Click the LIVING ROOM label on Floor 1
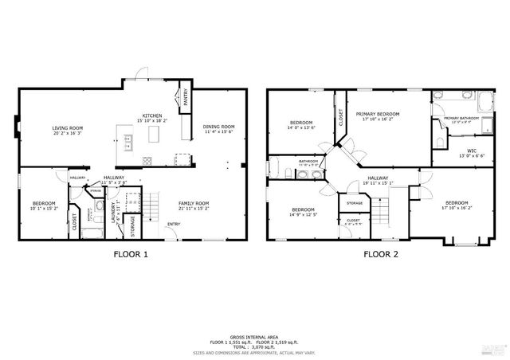69,127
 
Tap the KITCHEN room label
152,115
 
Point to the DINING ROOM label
218,127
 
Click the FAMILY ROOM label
193,203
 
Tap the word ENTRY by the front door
173,224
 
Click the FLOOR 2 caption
381,255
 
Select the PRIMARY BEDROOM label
378,114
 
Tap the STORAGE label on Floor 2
355,203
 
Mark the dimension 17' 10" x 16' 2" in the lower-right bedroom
457,208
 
